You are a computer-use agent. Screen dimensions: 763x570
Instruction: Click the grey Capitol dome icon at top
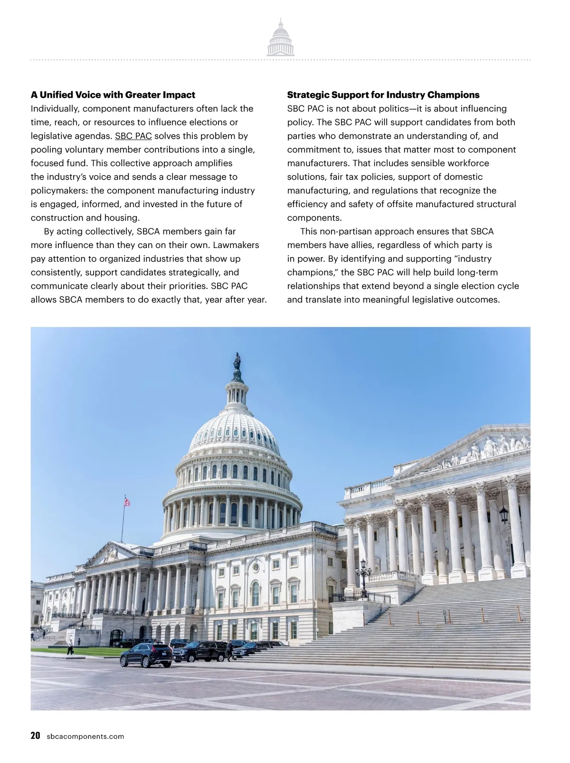pyautogui.click(x=280, y=38)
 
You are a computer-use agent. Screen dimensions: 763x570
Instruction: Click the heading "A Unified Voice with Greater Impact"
pyautogui.click(x=113, y=95)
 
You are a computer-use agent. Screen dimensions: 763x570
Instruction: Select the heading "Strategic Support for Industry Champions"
pyautogui.click(x=383, y=95)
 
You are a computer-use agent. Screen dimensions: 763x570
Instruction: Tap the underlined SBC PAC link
pyautogui.click(x=133, y=136)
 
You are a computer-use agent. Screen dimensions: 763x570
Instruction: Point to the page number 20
pyautogui.click(x=35, y=736)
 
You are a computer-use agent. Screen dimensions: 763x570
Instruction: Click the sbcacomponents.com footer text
pyautogui.click(x=85, y=737)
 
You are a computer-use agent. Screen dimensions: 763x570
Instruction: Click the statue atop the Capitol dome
pyautogui.click(x=237, y=362)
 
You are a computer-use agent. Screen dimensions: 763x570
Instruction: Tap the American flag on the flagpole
pyautogui.click(x=127, y=501)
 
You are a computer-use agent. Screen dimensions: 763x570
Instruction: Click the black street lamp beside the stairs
pyautogui.click(x=364, y=575)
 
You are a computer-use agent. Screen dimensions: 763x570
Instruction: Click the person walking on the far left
pyautogui.click(x=70, y=647)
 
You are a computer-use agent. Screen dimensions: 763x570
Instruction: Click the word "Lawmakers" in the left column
pyautogui.click(x=236, y=245)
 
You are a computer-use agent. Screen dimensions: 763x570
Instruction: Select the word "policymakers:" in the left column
pyautogui.click(x=59, y=191)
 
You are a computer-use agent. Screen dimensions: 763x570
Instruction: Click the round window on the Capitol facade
pyautogui.click(x=256, y=567)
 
